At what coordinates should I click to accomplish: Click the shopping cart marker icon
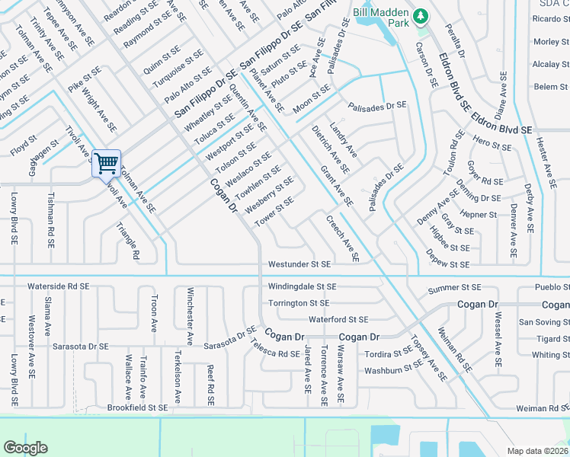coord(107,162)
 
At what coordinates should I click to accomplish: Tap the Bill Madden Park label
coord(382,13)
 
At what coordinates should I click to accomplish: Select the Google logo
coord(26,448)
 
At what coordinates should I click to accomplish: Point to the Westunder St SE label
coord(299,264)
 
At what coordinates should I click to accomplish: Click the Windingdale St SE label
coord(302,286)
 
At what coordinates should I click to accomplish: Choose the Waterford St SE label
coord(338,320)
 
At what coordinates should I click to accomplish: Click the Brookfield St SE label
coord(137,408)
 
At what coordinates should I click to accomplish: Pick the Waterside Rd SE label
coord(58,286)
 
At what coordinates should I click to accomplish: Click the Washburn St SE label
coord(393,369)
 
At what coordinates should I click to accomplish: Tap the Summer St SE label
coord(454,288)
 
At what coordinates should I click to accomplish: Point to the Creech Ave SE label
coord(342,238)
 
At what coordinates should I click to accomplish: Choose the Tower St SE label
coord(274,210)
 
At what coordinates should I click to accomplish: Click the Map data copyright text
coord(538,450)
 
